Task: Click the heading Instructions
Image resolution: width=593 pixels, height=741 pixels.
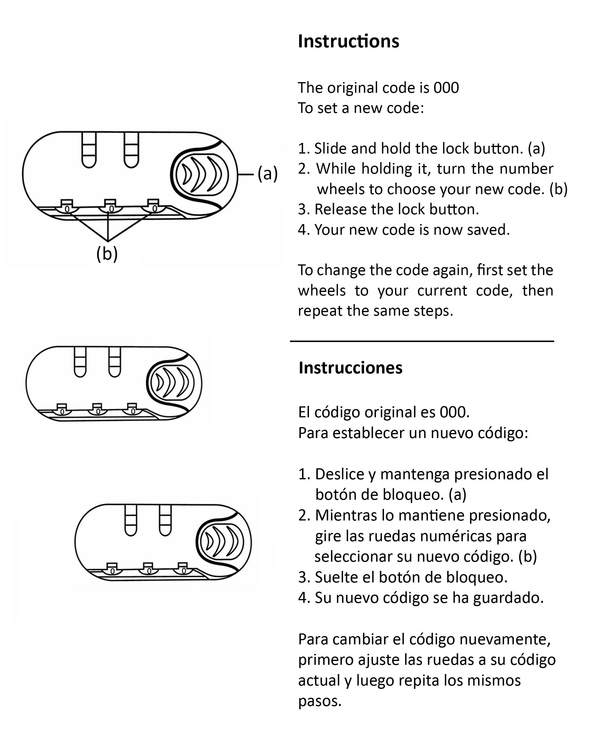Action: click(x=348, y=41)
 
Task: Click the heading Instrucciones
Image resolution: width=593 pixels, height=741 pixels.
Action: click(x=350, y=368)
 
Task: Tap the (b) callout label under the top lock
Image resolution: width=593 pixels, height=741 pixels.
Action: click(x=107, y=254)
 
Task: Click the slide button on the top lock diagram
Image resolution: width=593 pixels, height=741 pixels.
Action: click(x=202, y=174)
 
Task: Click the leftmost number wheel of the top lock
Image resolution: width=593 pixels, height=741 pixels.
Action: click(x=67, y=207)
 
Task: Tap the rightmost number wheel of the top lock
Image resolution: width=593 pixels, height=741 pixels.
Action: click(x=154, y=207)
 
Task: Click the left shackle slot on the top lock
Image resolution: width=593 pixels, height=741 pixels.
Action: click(x=89, y=150)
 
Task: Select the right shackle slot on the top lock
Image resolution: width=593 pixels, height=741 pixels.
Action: click(x=131, y=150)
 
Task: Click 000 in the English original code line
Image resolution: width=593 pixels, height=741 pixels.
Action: click(x=446, y=88)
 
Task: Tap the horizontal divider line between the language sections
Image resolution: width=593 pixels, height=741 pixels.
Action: click(x=422, y=341)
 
